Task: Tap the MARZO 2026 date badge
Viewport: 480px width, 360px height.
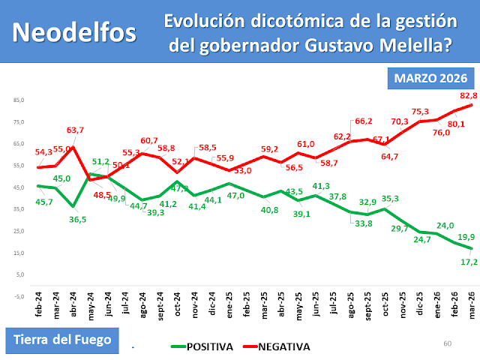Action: (x=431, y=78)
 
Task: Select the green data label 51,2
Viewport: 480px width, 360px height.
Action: (x=101, y=162)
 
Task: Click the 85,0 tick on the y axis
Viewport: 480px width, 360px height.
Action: (x=19, y=100)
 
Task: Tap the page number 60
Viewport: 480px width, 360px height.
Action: (x=448, y=343)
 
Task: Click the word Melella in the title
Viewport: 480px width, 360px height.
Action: (x=412, y=46)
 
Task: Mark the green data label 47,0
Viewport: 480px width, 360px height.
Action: (x=236, y=196)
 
